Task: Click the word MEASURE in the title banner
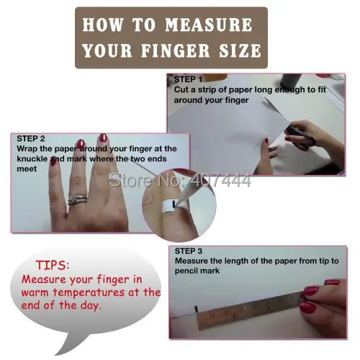tap(209, 25)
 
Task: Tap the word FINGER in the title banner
tap(176, 50)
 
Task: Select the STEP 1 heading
tap(188, 79)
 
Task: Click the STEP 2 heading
tap(31, 138)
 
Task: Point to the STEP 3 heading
tap(189, 251)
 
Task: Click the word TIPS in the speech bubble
tap(53, 265)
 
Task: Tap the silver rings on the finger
tap(77, 200)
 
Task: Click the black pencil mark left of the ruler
tap(197, 309)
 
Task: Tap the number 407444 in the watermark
tap(220, 180)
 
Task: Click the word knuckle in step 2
tap(32, 159)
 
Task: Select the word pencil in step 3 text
tap(186, 271)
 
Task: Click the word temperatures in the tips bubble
tap(89, 292)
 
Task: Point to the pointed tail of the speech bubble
tap(55, 354)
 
